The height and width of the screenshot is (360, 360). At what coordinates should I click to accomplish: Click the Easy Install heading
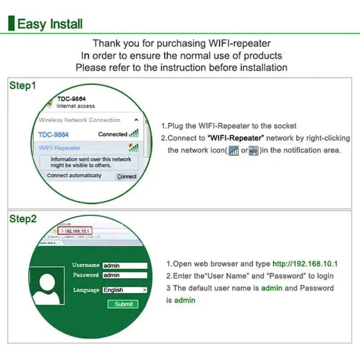49,23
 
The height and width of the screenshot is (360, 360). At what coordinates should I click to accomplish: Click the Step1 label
22,85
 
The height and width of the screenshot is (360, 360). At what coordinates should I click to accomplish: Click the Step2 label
22,219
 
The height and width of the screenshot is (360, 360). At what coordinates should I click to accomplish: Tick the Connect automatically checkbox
43,175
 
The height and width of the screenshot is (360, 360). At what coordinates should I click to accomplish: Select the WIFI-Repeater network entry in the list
60,148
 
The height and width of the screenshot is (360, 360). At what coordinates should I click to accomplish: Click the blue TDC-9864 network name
54,135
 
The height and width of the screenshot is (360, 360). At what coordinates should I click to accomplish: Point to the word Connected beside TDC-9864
112,134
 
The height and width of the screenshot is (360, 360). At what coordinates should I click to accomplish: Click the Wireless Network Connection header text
80,120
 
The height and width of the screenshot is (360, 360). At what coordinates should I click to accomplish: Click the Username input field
125,265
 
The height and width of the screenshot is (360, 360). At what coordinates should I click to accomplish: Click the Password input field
125,275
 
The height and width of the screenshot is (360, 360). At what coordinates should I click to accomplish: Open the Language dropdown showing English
125,290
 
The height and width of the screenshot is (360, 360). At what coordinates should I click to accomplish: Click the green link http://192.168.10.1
305,264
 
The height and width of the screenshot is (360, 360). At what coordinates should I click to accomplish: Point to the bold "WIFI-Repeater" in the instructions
236,138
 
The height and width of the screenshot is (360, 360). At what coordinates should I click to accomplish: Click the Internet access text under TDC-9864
76,106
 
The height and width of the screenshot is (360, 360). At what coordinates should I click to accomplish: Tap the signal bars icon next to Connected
134,134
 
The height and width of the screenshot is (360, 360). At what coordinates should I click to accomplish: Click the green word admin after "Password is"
185,300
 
